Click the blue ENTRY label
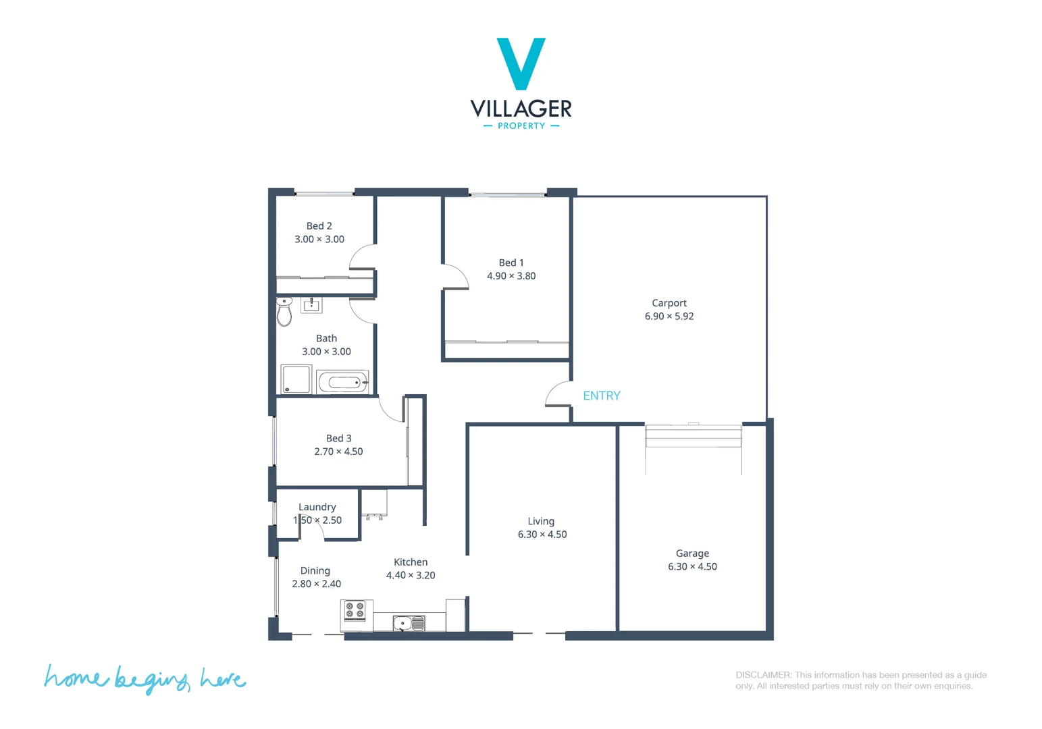601,396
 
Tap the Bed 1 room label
511,263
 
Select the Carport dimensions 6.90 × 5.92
669,316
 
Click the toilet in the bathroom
284,312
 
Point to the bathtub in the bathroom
343,383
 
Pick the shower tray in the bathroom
296,379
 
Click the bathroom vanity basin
311,305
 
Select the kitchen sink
409,623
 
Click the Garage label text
692,553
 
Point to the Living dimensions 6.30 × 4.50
542,534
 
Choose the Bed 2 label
319,226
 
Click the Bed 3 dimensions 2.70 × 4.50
338,452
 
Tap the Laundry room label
317,507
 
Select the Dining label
315,570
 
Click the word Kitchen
411,562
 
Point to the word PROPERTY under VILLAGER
521,126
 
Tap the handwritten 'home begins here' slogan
145,678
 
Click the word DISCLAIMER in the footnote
763,674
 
